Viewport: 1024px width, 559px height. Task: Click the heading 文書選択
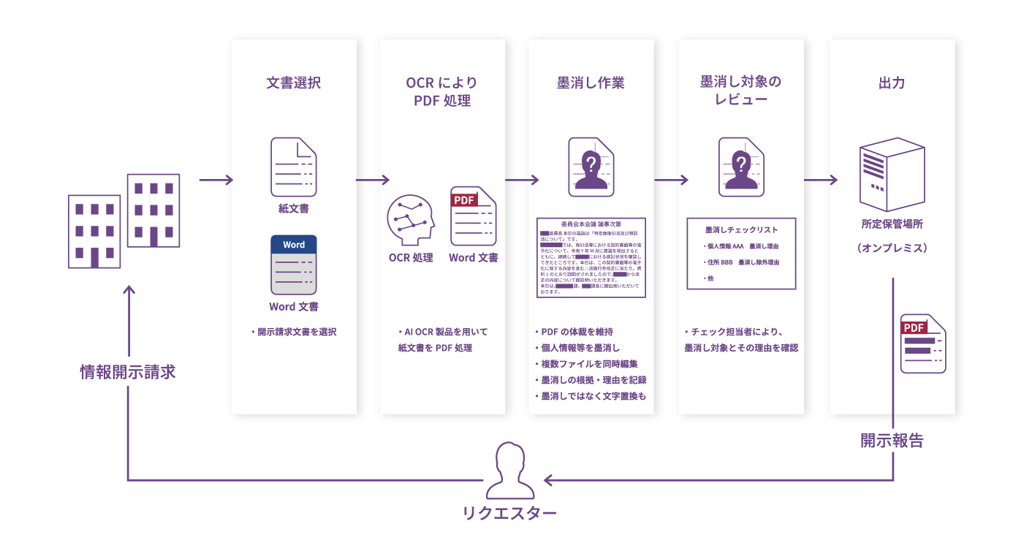293,83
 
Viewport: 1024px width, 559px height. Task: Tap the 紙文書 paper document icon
293,167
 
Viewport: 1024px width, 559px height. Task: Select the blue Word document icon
293,264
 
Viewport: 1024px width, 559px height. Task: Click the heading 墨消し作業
591,83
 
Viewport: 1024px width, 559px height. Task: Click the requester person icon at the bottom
510,470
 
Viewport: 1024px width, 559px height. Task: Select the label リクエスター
509,514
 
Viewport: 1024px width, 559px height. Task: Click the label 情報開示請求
128,372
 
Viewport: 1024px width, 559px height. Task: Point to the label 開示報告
892,441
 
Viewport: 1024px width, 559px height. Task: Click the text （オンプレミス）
892,248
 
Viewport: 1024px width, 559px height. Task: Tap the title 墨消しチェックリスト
741,229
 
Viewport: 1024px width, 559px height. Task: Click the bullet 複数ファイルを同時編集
590,363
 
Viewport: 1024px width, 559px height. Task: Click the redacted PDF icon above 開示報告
922,343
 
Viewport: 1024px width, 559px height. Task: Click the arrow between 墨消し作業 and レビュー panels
671,180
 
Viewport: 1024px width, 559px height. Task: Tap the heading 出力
891,83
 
